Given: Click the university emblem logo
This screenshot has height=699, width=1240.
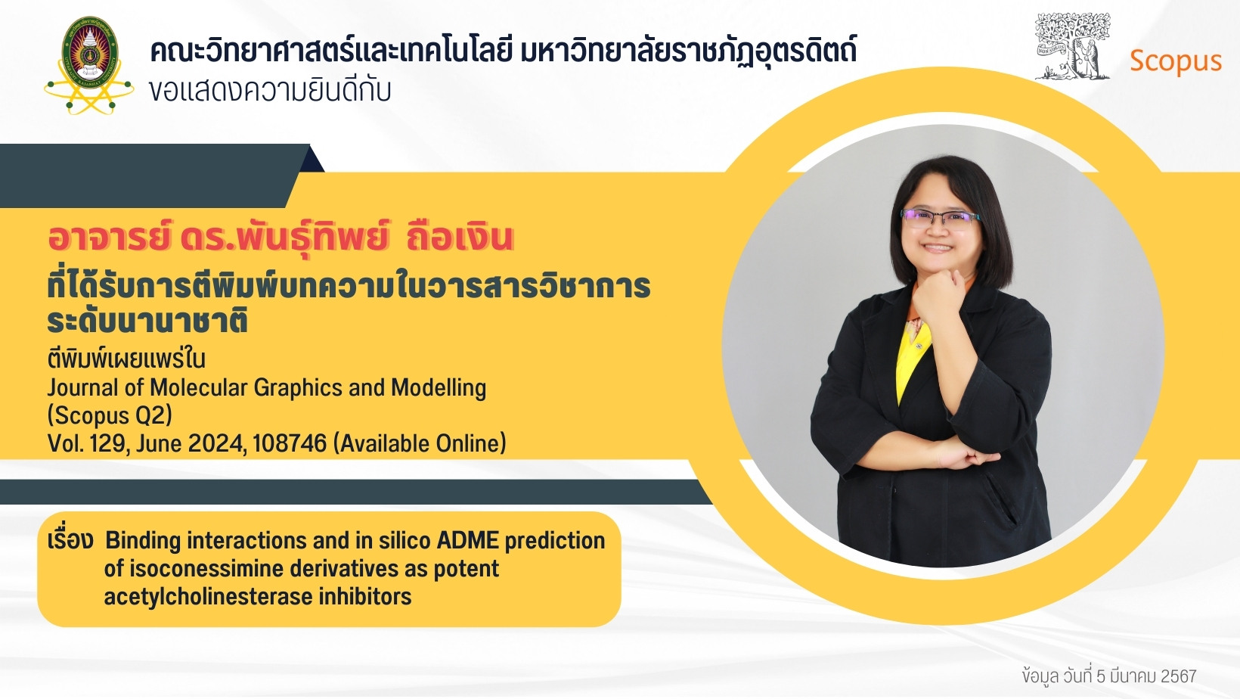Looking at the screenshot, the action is point(88,65).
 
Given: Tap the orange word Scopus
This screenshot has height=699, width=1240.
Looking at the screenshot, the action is point(1175,62).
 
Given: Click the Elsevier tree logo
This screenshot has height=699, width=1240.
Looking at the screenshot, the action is point(1072,46).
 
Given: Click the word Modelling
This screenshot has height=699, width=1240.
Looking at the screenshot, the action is point(439,388).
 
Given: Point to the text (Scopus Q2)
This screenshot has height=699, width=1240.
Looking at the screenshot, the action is point(110,415).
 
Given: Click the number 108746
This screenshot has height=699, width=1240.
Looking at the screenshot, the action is point(290,443).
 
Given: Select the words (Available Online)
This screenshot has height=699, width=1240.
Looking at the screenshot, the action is point(420,443).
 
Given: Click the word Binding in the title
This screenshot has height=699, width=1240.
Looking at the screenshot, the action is point(143,541).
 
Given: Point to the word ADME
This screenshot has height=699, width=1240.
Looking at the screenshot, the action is point(468,540).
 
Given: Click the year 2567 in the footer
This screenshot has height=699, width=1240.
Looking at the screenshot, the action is point(1179,676).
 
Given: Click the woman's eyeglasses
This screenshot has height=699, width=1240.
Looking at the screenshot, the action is point(939,218).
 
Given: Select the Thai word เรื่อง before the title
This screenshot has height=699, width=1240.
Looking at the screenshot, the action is point(70,539).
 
